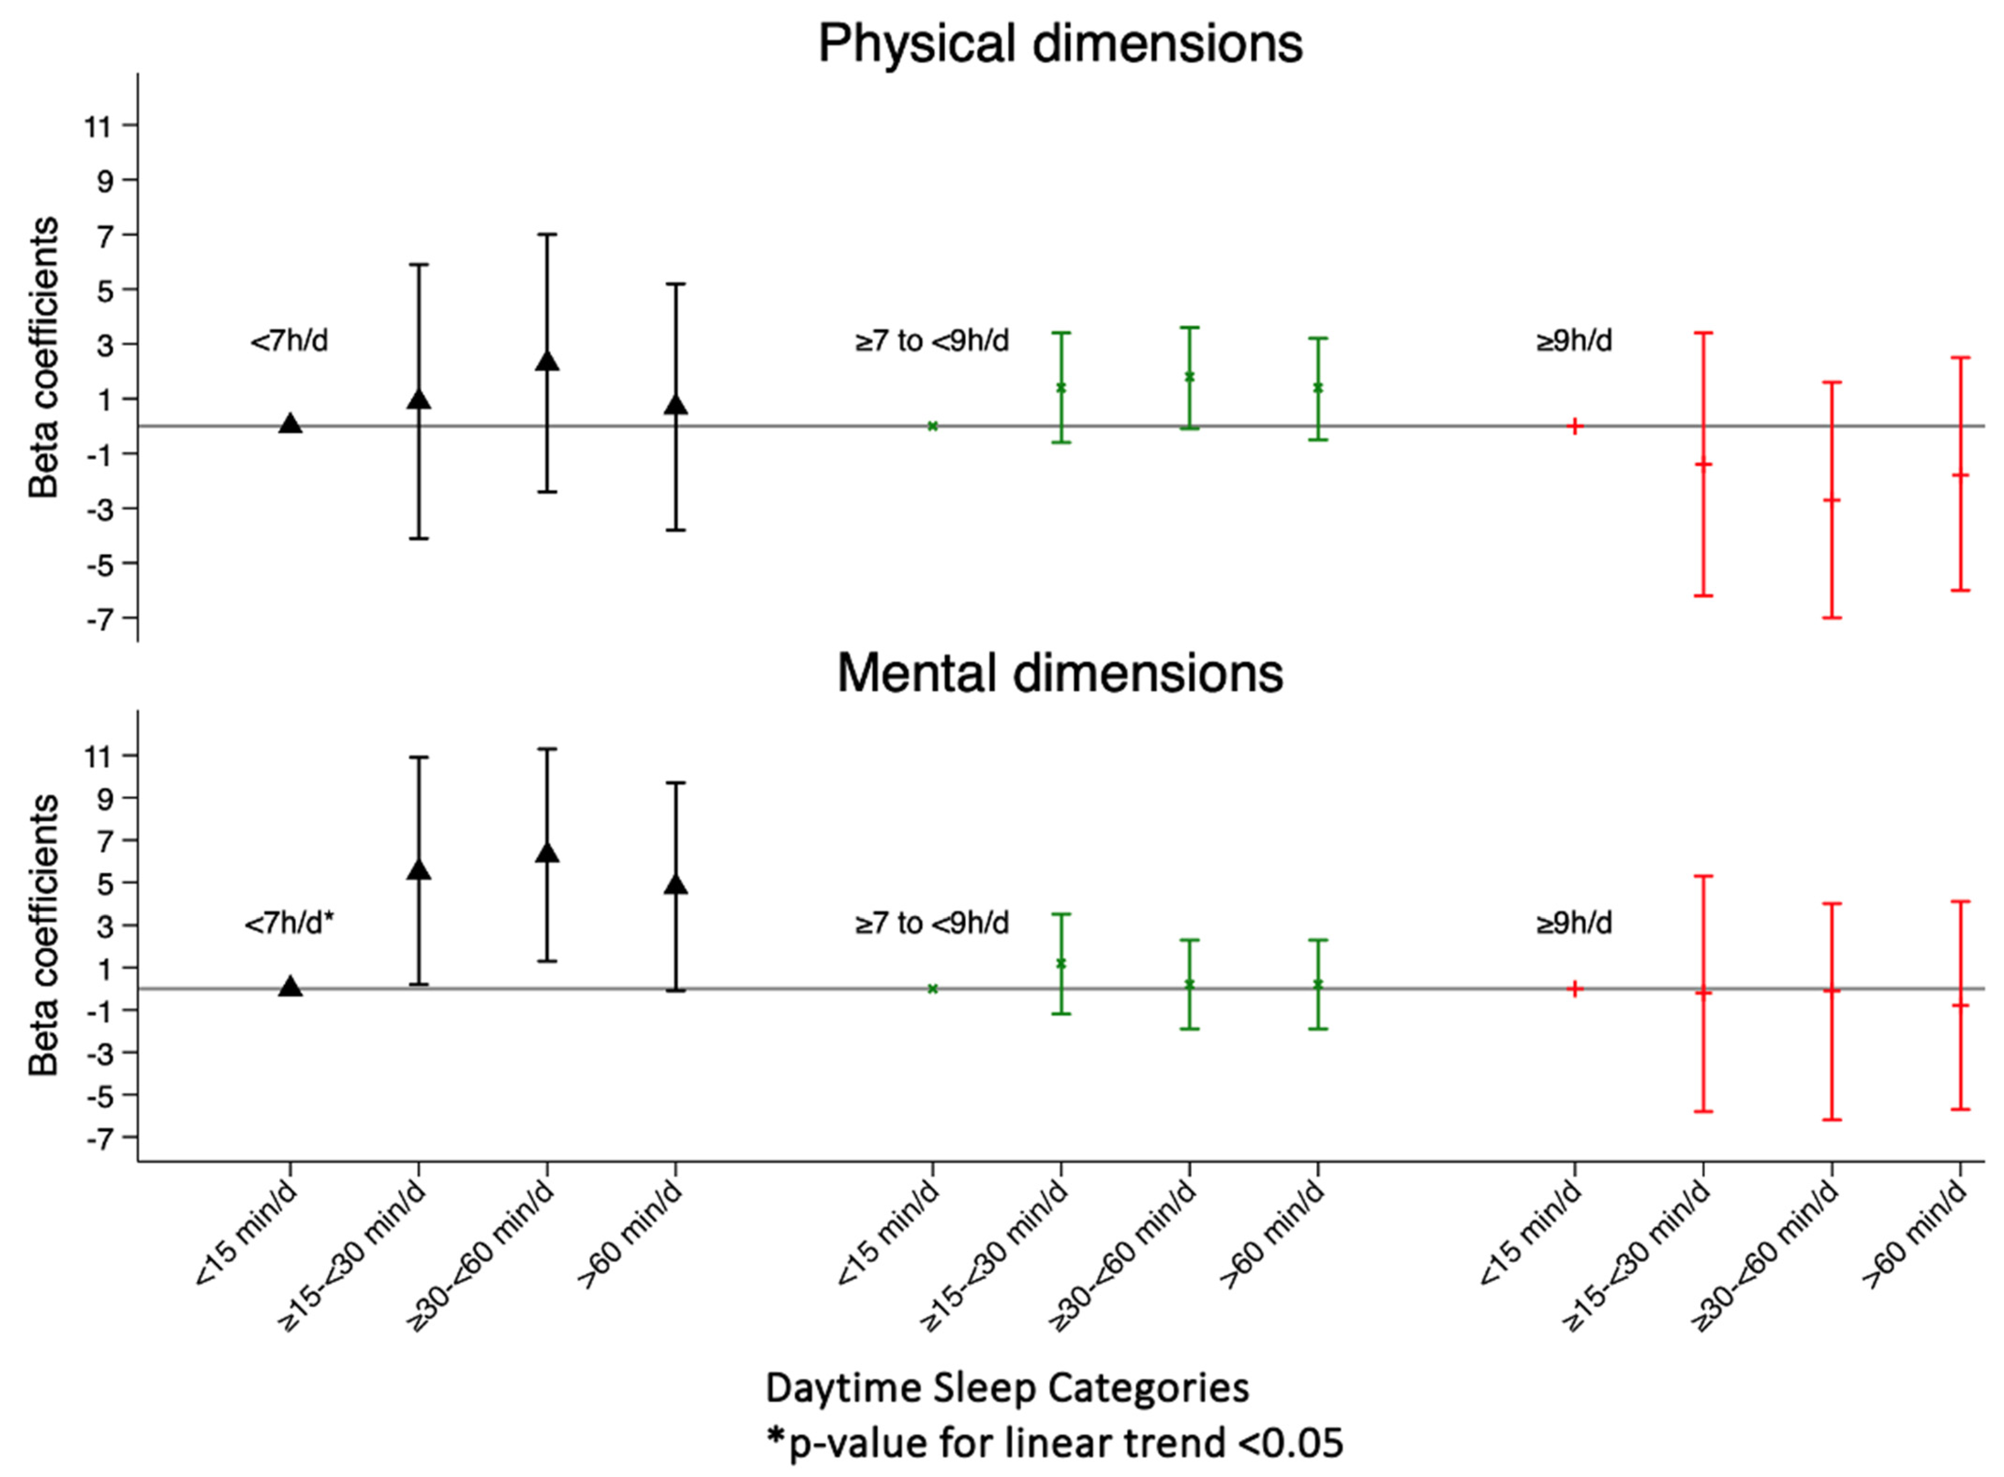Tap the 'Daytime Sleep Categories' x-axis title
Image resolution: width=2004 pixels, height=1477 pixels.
point(1007,1388)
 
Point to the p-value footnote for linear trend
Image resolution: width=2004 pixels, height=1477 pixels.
point(1055,1442)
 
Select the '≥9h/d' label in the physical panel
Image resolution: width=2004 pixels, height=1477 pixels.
point(1574,340)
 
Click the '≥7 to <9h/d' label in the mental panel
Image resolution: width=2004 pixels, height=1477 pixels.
point(932,923)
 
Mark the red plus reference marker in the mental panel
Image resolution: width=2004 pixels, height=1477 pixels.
point(1575,989)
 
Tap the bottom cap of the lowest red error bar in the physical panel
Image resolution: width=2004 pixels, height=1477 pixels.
point(1831,618)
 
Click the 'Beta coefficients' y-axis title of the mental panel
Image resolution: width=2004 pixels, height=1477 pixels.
point(43,934)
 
